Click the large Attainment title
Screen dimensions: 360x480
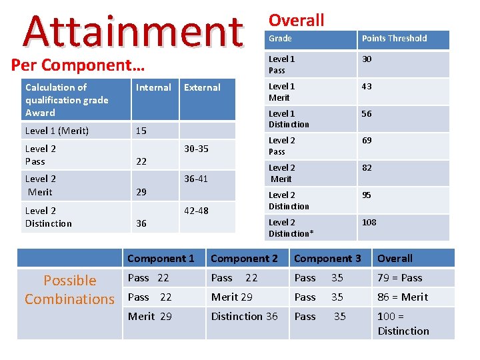tap(133, 30)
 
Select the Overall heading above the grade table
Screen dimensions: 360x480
tap(296, 20)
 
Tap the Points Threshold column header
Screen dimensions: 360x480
tap(394, 39)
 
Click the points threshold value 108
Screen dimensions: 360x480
tap(369, 223)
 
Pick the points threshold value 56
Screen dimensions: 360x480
tap(367, 114)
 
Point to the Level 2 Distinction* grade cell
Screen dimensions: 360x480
tap(291, 228)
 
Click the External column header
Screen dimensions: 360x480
tap(202, 87)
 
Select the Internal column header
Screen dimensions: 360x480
tap(153, 87)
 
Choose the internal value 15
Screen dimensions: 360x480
tap(141, 131)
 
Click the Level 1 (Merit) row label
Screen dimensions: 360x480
tap(57, 131)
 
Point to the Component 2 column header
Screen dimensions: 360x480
tap(245, 259)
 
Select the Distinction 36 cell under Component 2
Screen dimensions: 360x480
tap(245, 317)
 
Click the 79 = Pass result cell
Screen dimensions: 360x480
tap(400, 278)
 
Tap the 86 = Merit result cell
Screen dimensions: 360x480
tap(403, 297)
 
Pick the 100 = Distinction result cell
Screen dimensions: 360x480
tap(403, 323)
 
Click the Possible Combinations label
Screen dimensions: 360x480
tap(69, 290)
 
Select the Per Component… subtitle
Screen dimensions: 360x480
tap(78, 65)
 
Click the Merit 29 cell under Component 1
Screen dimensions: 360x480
tap(150, 317)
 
